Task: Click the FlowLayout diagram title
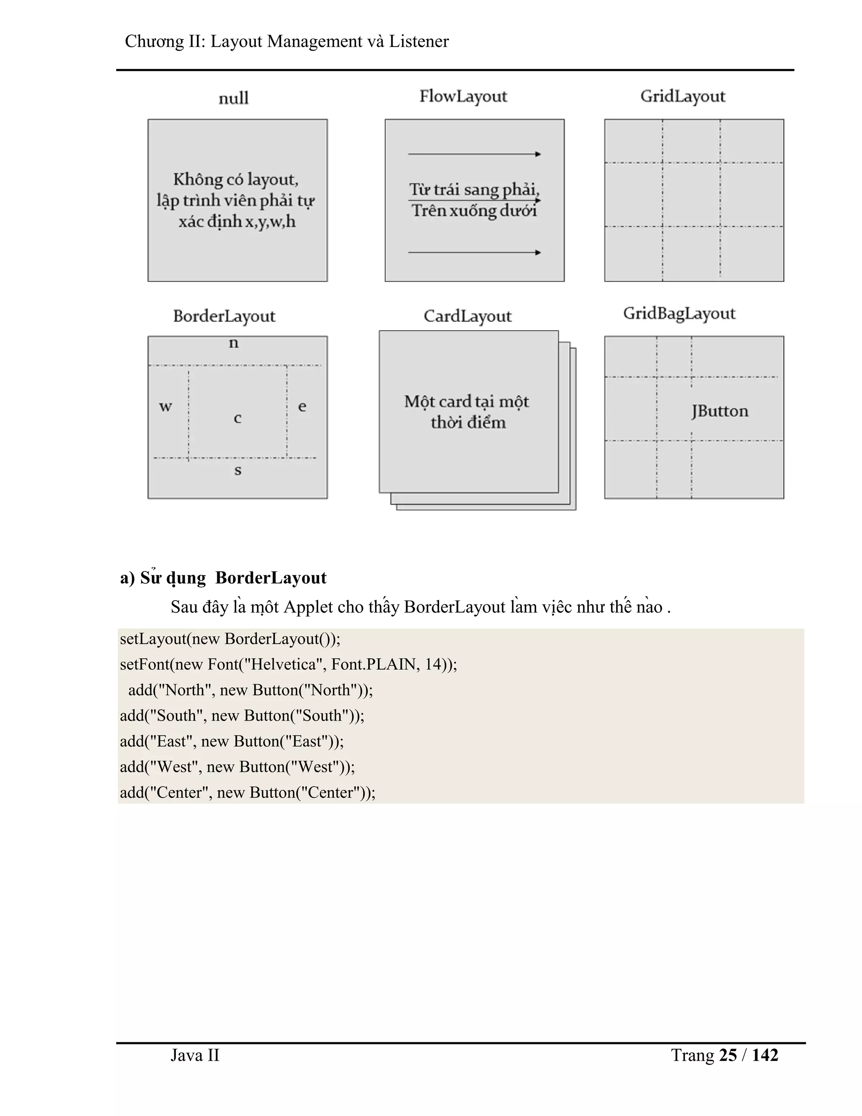tap(463, 96)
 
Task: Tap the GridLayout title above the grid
tap(683, 96)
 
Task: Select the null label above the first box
tap(233, 98)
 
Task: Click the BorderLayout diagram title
tap(224, 316)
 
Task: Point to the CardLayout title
tap(467, 316)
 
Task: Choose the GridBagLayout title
tap(679, 314)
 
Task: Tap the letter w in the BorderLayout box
tap(165, 407)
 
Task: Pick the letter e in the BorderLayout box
tap(302, 407)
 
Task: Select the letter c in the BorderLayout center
tap(237, 419)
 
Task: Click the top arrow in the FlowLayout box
tap(474, 154)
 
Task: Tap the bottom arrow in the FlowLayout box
tap(474, 252)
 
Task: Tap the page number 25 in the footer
tap(728, 1055)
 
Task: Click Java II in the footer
tap(194, 1055)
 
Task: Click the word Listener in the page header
tap(419, 41)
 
